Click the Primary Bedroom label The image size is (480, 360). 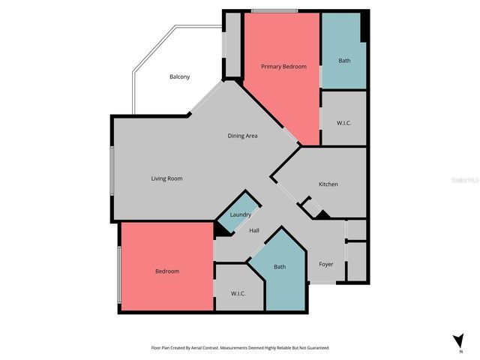pyautogui.click(x=283, y=67)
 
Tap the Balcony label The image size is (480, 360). pyautogui.click(x=179, y=77)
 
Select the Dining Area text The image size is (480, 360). pyautogui.click(x=243, y=136)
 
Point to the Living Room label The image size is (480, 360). pyautogui.click(x=166, y=178)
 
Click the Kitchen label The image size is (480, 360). pyautogui.click(x=328, y=184)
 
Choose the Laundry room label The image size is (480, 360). pyautogui.click(x=240, y=215)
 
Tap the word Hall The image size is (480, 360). pyautogui.click(x=254, y=231)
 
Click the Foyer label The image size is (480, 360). pyautogui.click(x=325, y=265)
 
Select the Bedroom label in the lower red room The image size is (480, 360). pyautogui.click(x=167, y=271)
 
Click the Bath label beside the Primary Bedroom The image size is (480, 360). pyautogui.click(x=344, y=61)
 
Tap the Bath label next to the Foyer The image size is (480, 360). pyautogui.click(x=279, y=267)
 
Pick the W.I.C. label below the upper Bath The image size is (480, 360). pyautogui.click(x=344, y=122)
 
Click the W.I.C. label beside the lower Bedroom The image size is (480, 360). pyautogui.click(x=238, y=293)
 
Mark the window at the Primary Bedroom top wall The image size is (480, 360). pyautogui.click(x=274, y=10)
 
